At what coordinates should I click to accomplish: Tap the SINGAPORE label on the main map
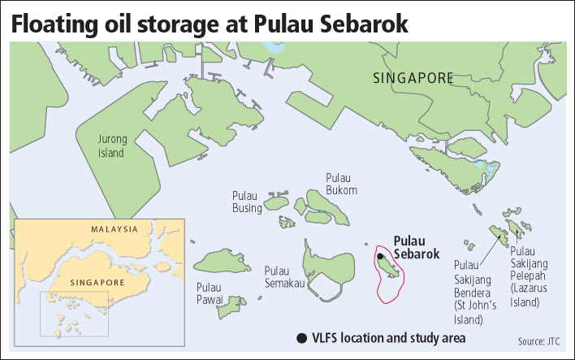pos(413,78)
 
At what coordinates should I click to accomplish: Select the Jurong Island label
pos(112,146)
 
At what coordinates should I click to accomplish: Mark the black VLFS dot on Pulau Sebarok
pos(380,256)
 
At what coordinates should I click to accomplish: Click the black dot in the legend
pos(302,338)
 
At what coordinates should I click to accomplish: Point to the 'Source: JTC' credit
pos(538,341)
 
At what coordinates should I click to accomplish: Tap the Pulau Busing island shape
pos(277,202)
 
